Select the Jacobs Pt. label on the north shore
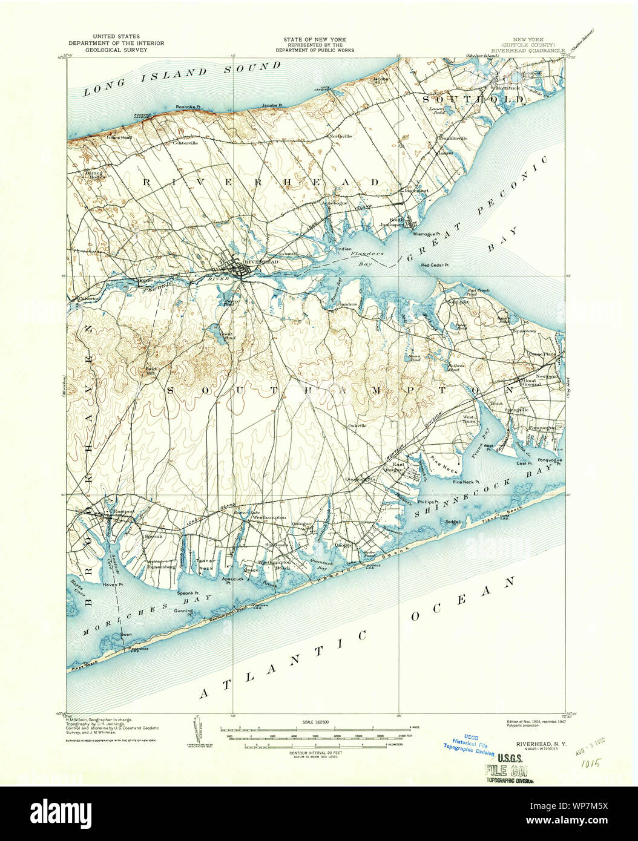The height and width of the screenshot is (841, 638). click(x=272, y=105)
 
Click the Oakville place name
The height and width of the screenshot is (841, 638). click(x=358, y=425)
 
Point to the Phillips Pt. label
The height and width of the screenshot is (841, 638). click(x=427, y=502)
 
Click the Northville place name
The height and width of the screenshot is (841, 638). click(x=340, y=136)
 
